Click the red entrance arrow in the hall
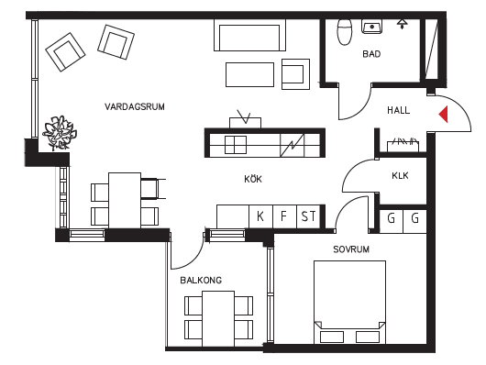click(x=444, y=114)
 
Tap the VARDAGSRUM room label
click(x=135, y=106)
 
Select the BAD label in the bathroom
click(x=371, y=54)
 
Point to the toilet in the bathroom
click(x=345, y=31)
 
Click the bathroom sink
click(x=371, y=27)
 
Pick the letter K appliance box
click(x=260, y=216)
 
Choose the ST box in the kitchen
click(x=308, y=216)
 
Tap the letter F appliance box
click(x=285, y=216)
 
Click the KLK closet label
click(x=400, y=176)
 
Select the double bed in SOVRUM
click(x=349, y=302)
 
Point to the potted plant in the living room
click(x=60, y=133)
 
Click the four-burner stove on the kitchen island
click(x=236, y=145)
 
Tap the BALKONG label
click(x=201, y=281)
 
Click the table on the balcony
click(x=218, y=318)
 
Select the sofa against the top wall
click(x=249, y=35)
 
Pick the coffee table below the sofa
click(x=249, y=74)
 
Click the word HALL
click(x=398, y=110)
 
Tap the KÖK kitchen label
click(x=253, y=179)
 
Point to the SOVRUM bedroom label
click(x=351, y=249)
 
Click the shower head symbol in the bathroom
click(x=402, y=24)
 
